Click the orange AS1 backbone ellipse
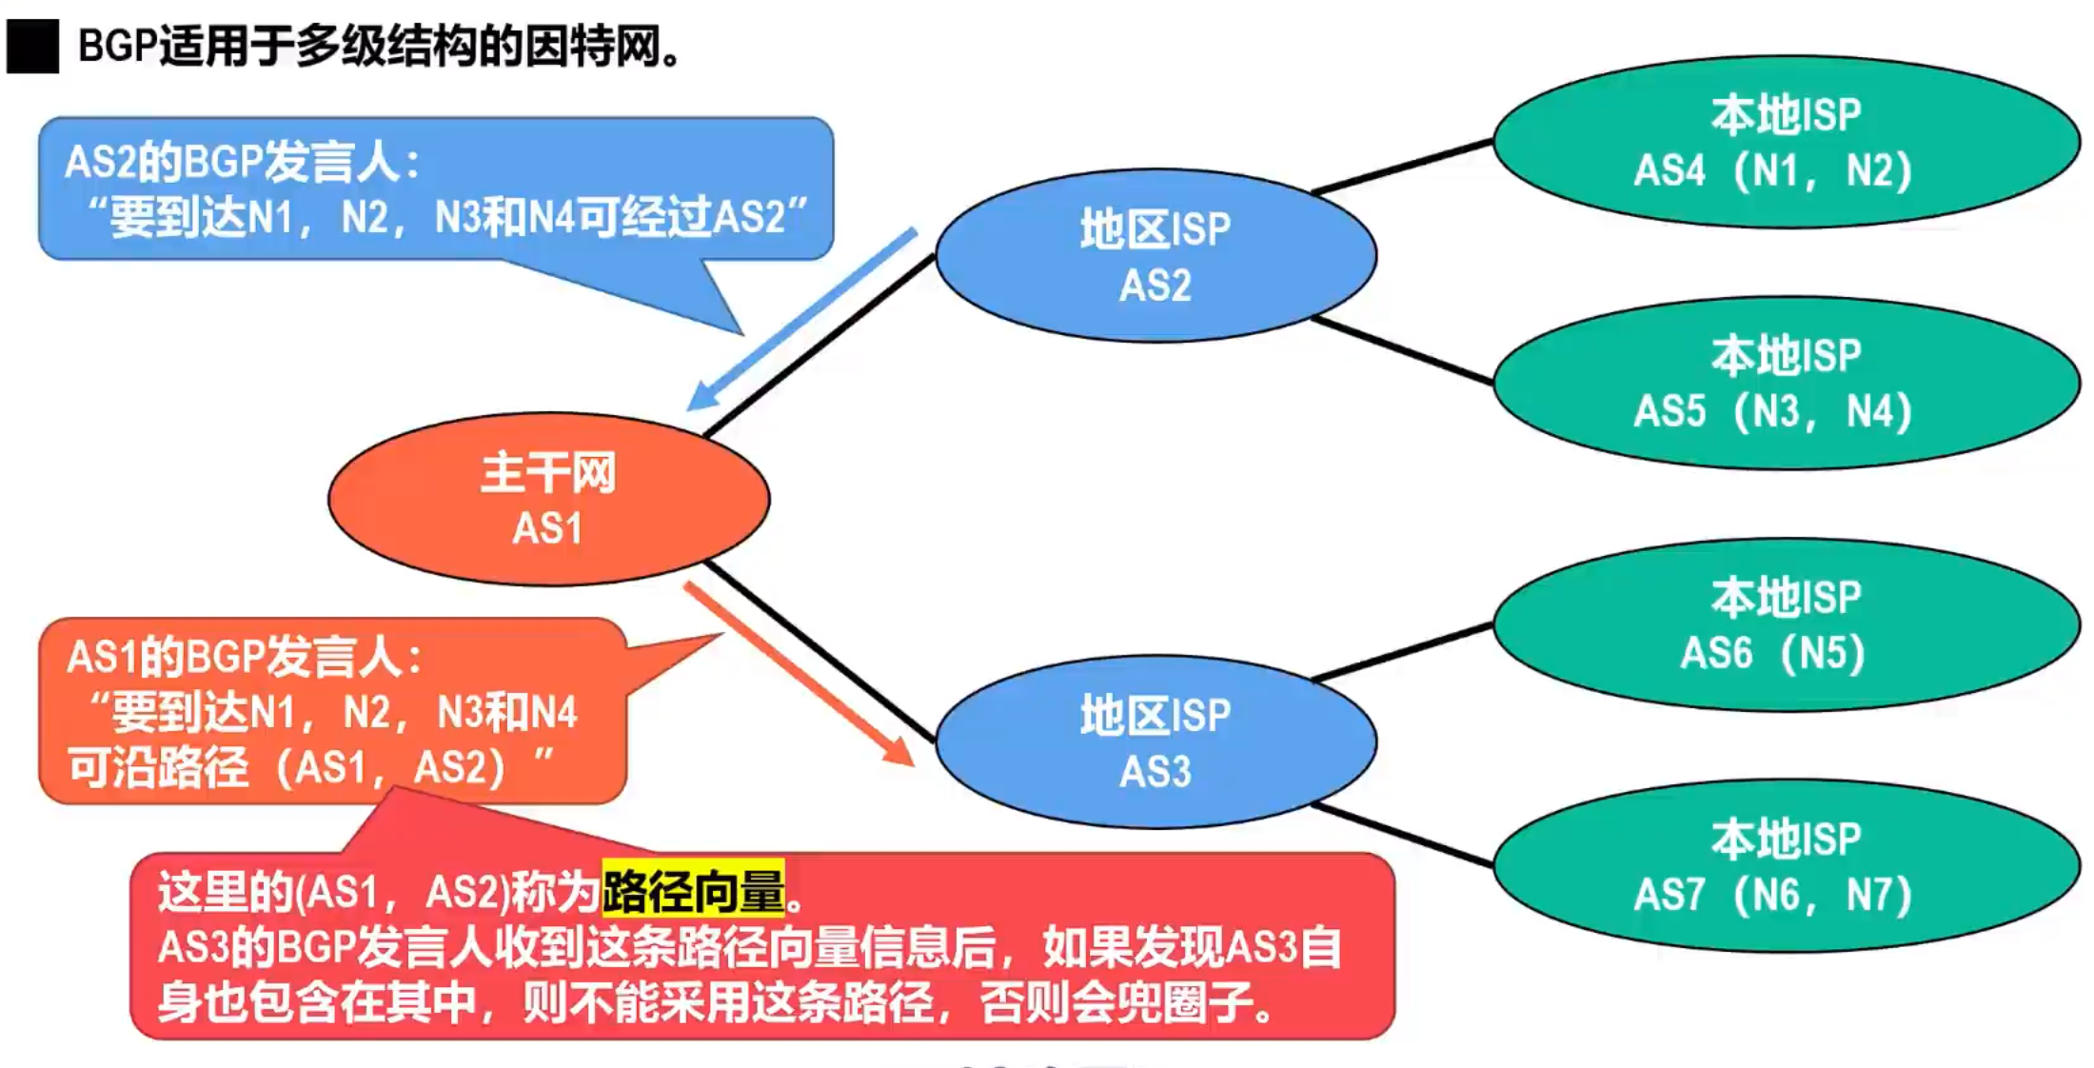coord(548,499)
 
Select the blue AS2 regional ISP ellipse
coord(1156,255)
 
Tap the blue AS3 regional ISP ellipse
coord(1156,742)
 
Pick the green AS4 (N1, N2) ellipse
coord(1786,142)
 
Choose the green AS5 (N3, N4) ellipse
coord(1786,383)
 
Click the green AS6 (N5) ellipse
coord(1786,624)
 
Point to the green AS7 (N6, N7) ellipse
coord(1786,866)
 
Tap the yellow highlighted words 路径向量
coord(694,890)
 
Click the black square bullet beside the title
coord(32,46)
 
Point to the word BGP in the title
coord(116,46)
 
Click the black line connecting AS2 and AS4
coord(1402,167)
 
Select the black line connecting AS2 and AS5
coord(1402,350)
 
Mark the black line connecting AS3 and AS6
coord(1402,652)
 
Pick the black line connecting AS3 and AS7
coord(1402,834)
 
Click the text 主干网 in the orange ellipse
coord(548,473)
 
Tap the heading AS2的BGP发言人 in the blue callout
coord(243,162)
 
